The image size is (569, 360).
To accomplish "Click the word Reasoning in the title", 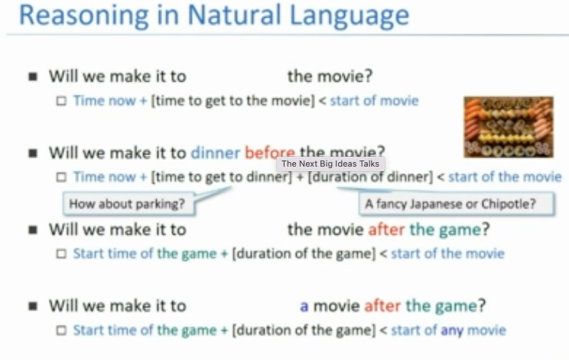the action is coord(84,16).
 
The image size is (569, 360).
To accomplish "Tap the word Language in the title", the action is coord(350,16).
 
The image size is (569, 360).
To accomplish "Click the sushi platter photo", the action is coord(509,127).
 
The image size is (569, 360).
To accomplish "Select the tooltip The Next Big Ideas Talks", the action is coord(330,164).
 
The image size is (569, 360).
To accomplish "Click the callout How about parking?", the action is coord(128,204).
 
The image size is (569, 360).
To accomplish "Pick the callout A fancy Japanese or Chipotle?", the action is coord(457,204).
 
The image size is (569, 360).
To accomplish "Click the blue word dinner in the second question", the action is coord(216,153).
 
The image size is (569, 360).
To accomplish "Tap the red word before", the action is coord(270,153).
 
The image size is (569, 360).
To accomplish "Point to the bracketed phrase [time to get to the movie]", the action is coord(232,101).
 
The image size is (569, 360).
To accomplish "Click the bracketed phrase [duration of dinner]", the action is coord(370,177).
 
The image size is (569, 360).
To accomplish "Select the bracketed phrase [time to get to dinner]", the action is coord(221,177).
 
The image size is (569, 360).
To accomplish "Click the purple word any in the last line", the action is coord(452,331).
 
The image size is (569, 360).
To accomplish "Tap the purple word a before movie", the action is coord(304,306).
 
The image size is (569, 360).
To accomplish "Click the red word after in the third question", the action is coord(386,229).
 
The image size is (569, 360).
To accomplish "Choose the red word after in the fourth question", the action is coord(382,306).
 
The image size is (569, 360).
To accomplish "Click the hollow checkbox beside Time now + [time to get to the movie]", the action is coord(61,101).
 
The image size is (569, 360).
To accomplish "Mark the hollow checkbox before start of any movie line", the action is coord(61,331).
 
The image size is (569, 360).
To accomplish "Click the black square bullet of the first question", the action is coord(33,76).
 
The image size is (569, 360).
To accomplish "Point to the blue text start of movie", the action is coord(374,101).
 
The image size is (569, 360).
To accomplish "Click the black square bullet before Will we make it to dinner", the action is coord(33,153).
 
